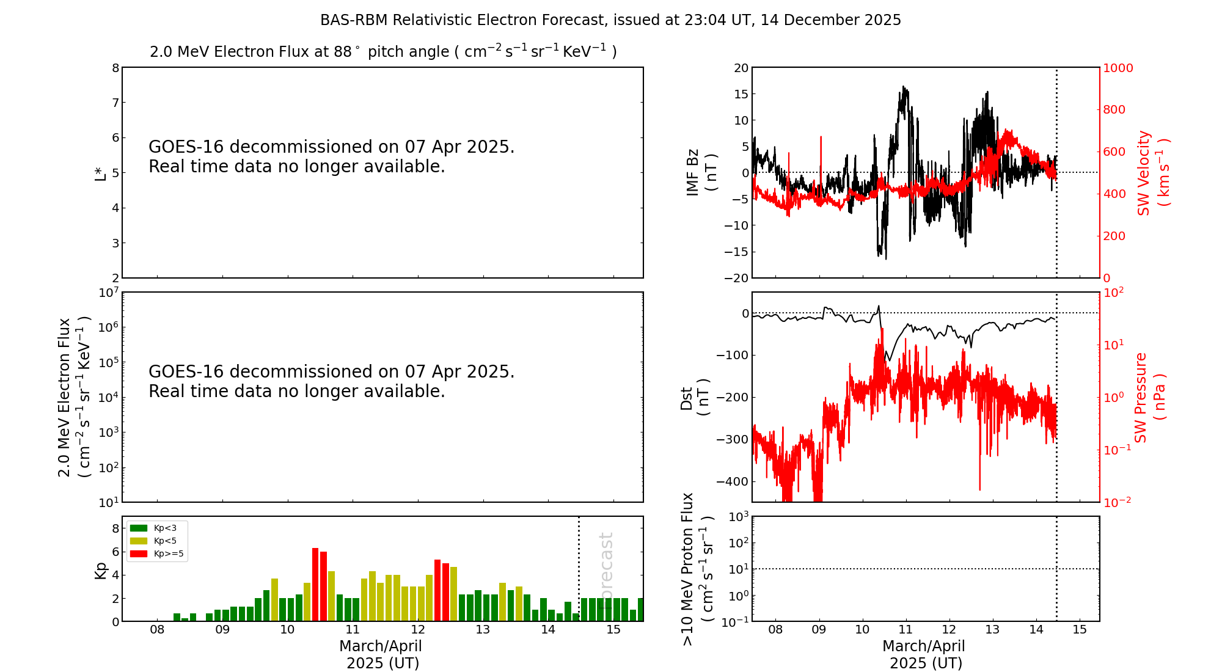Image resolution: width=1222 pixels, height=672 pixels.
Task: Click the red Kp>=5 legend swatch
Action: pos(139,553)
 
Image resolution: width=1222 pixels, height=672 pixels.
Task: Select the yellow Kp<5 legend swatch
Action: pos(139,541)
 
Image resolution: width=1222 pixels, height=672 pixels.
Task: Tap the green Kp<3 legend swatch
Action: pos(139,528)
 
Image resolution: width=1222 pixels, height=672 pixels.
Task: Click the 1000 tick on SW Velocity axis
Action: pos(1118,68)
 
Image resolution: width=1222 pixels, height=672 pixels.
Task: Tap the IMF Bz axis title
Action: pos(701,172)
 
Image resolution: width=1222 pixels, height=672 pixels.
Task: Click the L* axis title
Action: pos(101,173)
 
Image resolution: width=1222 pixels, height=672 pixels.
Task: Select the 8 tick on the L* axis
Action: pos(115,68)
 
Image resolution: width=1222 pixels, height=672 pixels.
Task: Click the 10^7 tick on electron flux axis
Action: pos(108,293)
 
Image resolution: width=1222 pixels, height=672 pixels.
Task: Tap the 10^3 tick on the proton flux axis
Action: pos(739,517)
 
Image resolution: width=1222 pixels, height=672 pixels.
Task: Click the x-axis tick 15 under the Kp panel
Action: pos(613,630)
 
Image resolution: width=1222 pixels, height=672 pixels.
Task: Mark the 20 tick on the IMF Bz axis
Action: pos(741,68)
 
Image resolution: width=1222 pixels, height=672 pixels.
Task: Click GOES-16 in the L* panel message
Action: pos(186,147)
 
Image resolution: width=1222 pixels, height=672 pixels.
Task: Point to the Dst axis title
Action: pos(695,397)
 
